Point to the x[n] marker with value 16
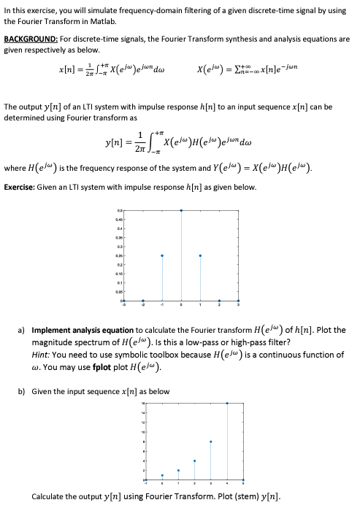(x=227, y=403)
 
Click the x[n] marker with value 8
(x=211, y=442)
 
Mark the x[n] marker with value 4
(x=194, y=461)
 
